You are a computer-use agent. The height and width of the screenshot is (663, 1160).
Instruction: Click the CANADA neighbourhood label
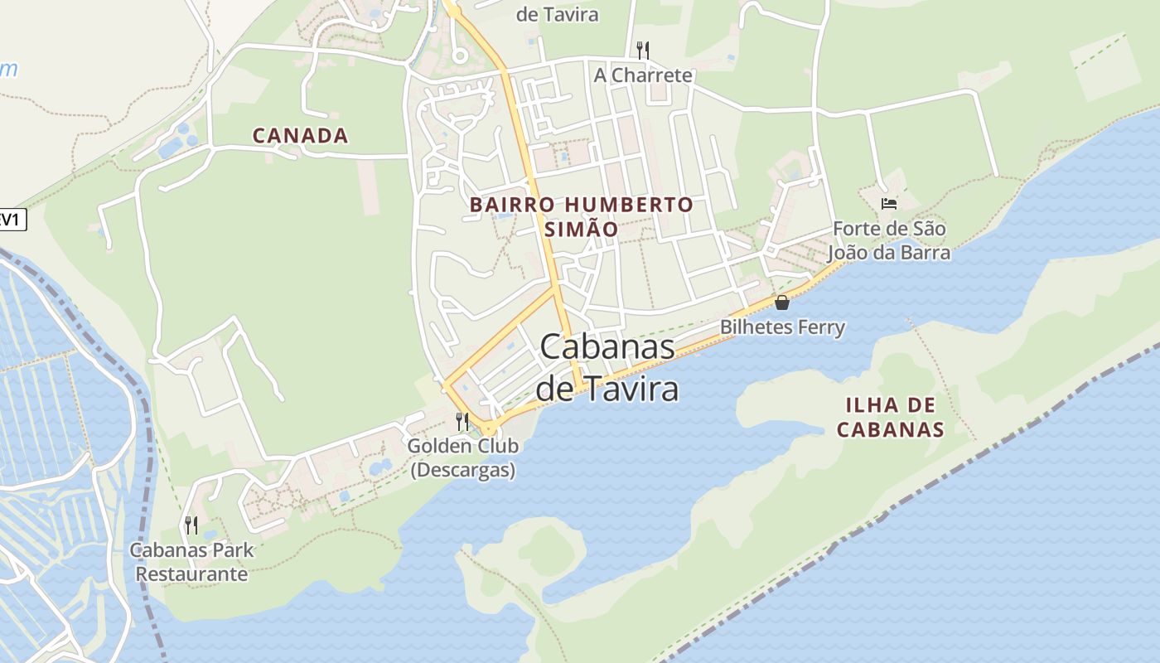[300, 136]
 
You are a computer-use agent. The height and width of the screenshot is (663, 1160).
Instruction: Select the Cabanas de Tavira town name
[607, 366]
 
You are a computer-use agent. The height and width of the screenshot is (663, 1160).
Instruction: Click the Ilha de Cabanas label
[890, 417]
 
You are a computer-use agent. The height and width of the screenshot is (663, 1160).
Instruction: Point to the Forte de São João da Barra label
[889, 240]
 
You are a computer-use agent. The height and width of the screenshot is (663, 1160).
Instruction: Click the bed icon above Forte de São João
[889, 204]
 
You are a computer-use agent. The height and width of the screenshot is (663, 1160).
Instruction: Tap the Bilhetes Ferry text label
[782, 327]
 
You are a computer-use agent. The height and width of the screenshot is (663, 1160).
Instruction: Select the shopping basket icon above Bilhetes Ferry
[781, 302]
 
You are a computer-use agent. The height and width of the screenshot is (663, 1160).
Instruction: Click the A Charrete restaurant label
[642, 75]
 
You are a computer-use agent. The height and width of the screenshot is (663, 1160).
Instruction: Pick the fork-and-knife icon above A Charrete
[642, 50]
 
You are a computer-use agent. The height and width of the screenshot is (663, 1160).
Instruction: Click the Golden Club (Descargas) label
[463, 457]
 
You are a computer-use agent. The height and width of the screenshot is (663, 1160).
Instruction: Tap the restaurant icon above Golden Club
[462, 422]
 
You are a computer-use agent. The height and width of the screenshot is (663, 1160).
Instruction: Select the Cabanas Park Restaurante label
[191, 561]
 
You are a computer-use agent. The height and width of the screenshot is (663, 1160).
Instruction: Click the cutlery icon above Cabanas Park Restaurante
[191, 525]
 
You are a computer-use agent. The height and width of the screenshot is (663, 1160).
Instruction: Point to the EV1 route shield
[12, 220]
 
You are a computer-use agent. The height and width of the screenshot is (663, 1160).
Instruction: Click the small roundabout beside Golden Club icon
[489, 428]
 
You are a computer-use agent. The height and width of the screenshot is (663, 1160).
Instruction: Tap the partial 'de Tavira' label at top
[557, 14]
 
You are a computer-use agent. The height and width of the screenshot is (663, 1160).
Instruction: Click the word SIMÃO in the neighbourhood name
[581, 229]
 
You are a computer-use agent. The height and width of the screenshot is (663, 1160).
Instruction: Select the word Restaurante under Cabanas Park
[191, 573]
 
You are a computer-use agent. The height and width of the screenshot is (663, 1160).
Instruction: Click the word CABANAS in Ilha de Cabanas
[890, 429]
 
